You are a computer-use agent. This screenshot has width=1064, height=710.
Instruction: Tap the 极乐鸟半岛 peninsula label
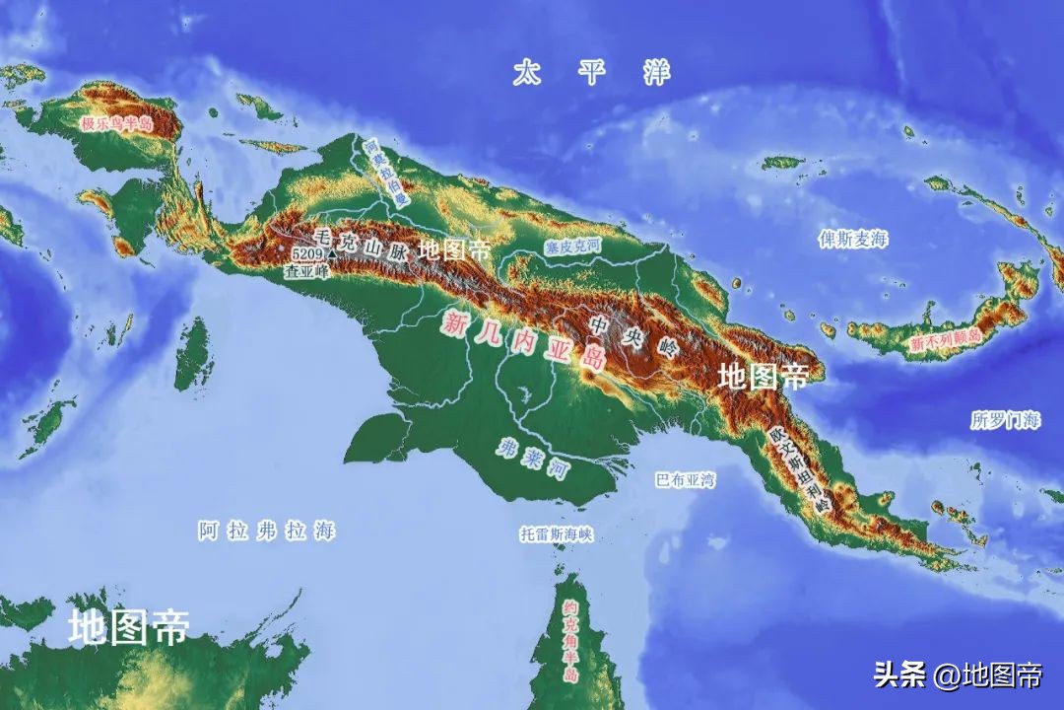[117, 123]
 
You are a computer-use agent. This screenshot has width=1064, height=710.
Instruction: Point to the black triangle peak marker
[332, 254]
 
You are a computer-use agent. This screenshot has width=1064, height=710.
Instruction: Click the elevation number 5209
[306, 252]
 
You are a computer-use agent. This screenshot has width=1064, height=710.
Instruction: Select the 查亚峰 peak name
[305, 270]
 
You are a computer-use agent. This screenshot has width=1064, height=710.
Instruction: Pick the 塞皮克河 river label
[572, 247]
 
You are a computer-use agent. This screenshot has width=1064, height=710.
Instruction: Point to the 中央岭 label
[635, 335]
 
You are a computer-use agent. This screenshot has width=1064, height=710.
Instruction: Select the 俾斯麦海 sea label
[853, 240]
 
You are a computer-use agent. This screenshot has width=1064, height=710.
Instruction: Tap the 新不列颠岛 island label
[945, 339]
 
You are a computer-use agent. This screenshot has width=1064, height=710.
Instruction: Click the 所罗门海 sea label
[1005, 419]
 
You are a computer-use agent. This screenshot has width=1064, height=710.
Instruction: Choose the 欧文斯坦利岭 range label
[802, 468]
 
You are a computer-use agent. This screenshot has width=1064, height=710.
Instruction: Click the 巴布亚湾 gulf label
[686, 480]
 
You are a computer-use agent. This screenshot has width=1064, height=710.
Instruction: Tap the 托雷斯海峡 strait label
[557, 533]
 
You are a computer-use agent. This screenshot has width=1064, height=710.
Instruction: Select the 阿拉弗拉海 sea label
[266, 531]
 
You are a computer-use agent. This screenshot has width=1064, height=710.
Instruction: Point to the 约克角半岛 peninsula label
[570, 642]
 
